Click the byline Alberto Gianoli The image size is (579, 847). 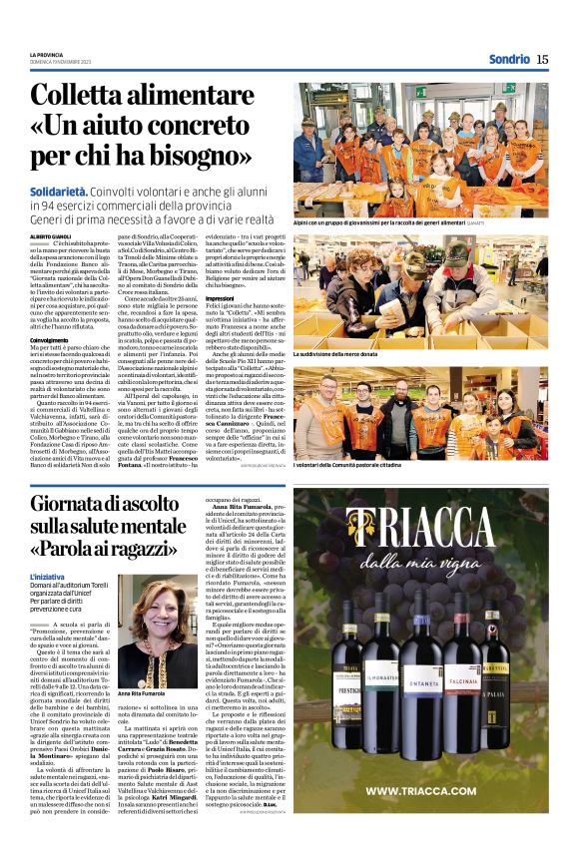[52, 235]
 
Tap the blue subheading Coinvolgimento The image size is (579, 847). [49, 339]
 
